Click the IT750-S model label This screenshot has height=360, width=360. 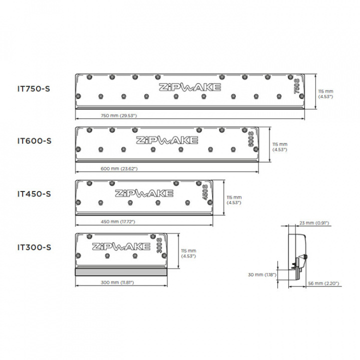tap(34, 89)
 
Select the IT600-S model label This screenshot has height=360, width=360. tap(34, 141)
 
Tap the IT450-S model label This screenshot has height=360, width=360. tap(34, 194)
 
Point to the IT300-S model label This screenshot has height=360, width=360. tap(34, 247)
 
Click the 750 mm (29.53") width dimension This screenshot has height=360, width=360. tap(118, 115)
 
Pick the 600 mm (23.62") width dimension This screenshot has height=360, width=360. tap(119, 168)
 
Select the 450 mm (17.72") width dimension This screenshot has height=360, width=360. tap(118, 221)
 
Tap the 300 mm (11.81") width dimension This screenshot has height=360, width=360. tap(117, 282)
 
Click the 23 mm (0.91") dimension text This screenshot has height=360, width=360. tap(314, 223)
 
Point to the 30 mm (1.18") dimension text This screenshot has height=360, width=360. tap(262, 274)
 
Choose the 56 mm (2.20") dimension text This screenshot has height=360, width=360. tap(323, 283)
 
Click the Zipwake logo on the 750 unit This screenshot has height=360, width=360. tap(190, 87)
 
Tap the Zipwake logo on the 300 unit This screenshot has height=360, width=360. tap(121, 246)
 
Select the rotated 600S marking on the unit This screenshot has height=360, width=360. tap(250, 139)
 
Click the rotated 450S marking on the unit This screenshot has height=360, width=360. tap(205, 192)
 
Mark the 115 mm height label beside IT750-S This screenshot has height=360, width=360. tap(325, 94)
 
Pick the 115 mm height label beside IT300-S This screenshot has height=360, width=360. tap(188, 253)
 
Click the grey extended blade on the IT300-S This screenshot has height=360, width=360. tap(121, 272)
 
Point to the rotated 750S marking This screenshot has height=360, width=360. tap(296, 86)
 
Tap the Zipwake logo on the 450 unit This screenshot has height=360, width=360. tap(144, 193)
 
